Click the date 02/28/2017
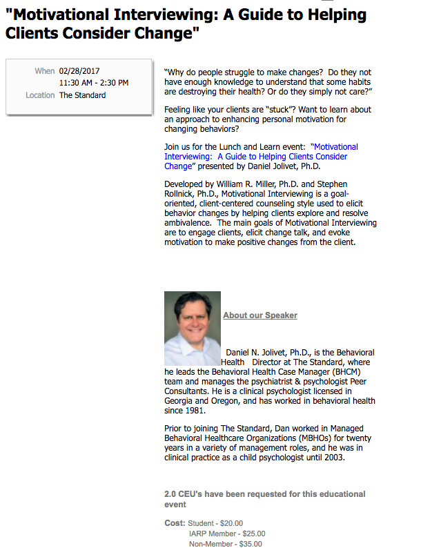(x=80, y=71)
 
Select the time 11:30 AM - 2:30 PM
(x=94, y=83)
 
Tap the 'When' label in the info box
(x=44, y=71)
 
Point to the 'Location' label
(x=40, y=95)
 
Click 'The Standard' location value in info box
(x=82, y=95)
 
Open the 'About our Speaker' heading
(x=260, y=315)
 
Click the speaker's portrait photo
(x=193, y=328)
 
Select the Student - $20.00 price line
(x=215, y=523)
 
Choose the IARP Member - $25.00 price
(x=227, y=534)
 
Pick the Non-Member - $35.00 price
(x=226, y=544)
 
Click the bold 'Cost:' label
(x=175, y=523)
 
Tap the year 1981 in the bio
(x=196, y=410)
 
